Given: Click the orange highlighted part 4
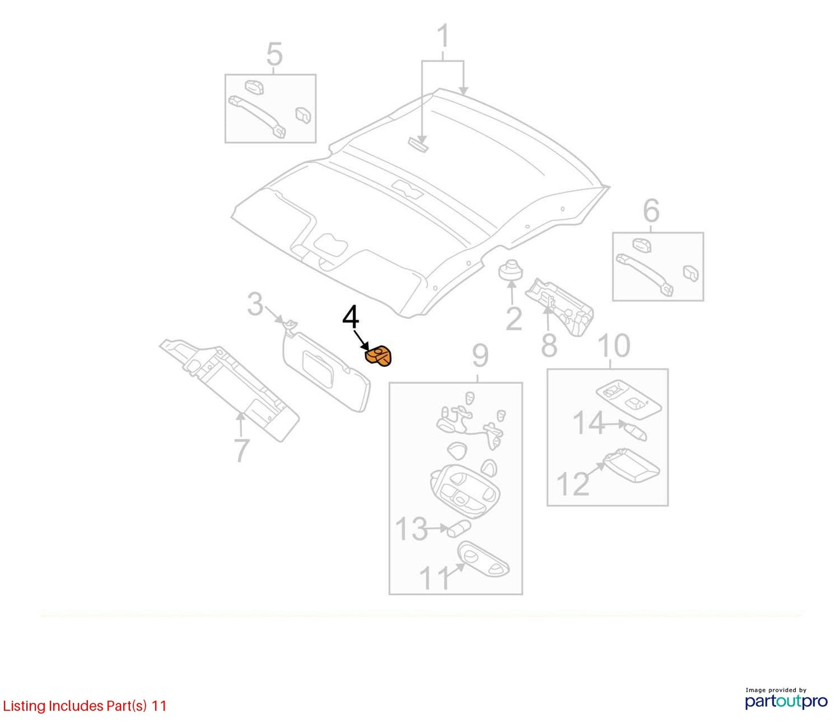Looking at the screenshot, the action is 378,357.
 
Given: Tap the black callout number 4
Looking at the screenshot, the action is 351,317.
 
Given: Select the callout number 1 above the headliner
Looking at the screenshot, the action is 444,36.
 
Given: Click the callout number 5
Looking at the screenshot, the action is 274,54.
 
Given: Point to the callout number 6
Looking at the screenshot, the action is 651,210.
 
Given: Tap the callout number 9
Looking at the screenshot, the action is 480,356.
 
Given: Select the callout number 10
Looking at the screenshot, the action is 614,345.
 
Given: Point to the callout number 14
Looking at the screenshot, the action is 589,423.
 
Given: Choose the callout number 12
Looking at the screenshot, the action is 573,484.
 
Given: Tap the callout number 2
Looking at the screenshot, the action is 514,319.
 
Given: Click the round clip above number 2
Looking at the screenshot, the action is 511,271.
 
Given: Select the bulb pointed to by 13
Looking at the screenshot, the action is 459,529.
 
